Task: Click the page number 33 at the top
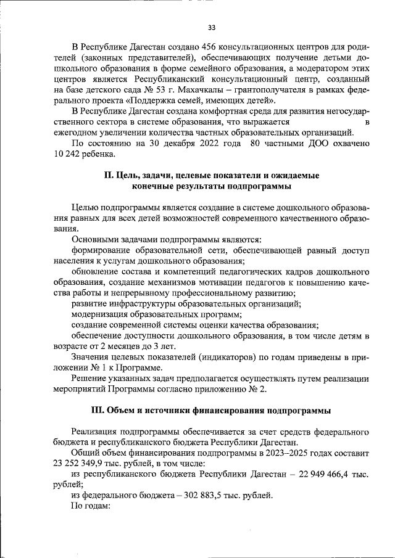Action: [212, 28]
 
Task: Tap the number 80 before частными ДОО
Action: [256, 144]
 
